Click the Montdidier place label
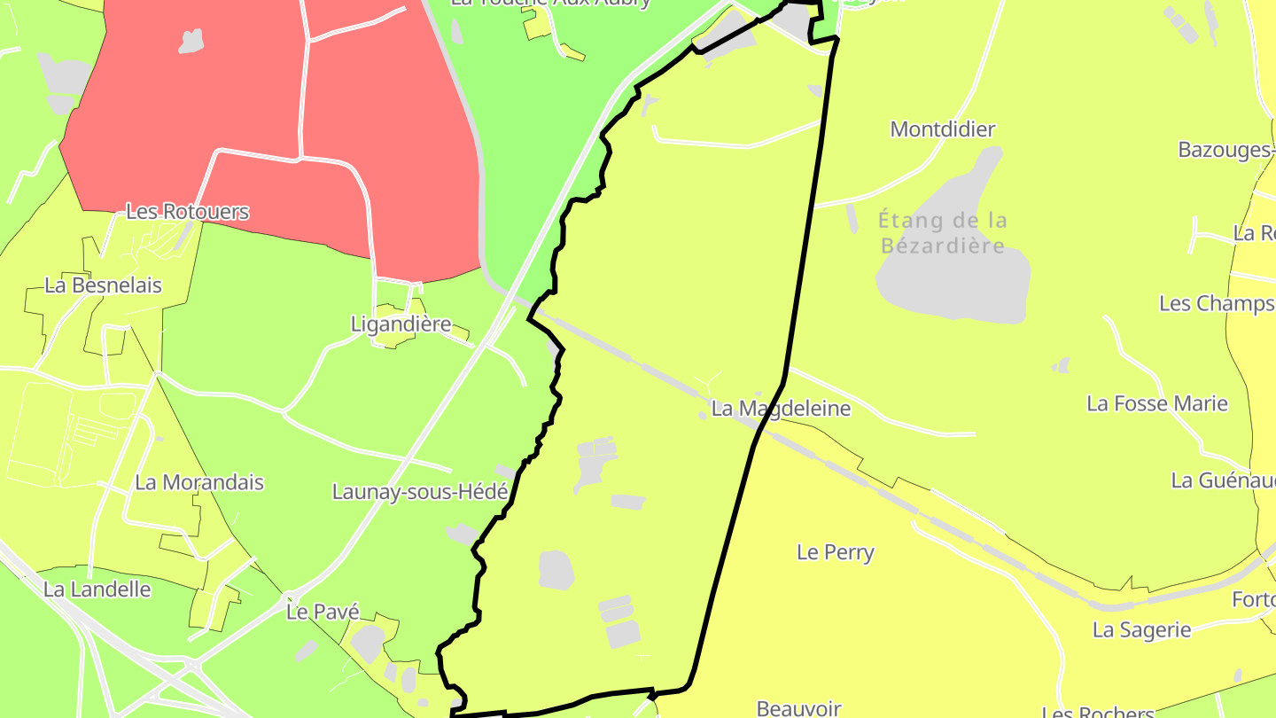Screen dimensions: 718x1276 coord(942,129)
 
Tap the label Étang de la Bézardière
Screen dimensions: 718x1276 coord(943,232)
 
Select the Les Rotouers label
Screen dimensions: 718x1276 coord(187,213)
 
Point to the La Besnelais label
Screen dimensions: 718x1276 coord(103,285)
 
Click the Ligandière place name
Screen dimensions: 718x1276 coord(401,324)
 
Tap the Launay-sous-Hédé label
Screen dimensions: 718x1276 coord(420,492)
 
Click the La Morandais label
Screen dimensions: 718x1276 coord(199,483)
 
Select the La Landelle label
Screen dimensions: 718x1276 coord(97,589)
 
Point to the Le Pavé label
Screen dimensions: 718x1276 coord(323,612)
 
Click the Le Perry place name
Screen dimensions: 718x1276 coord(835,553)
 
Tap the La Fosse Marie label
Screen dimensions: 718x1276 coord(1156,404)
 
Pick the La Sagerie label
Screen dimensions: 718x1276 coord(1141,630)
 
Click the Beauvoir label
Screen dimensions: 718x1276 coord(798,708)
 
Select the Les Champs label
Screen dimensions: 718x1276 coord(1216,304)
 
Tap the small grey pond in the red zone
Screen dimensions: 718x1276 coord(191,41)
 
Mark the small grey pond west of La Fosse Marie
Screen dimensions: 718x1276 coord(1061,365)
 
